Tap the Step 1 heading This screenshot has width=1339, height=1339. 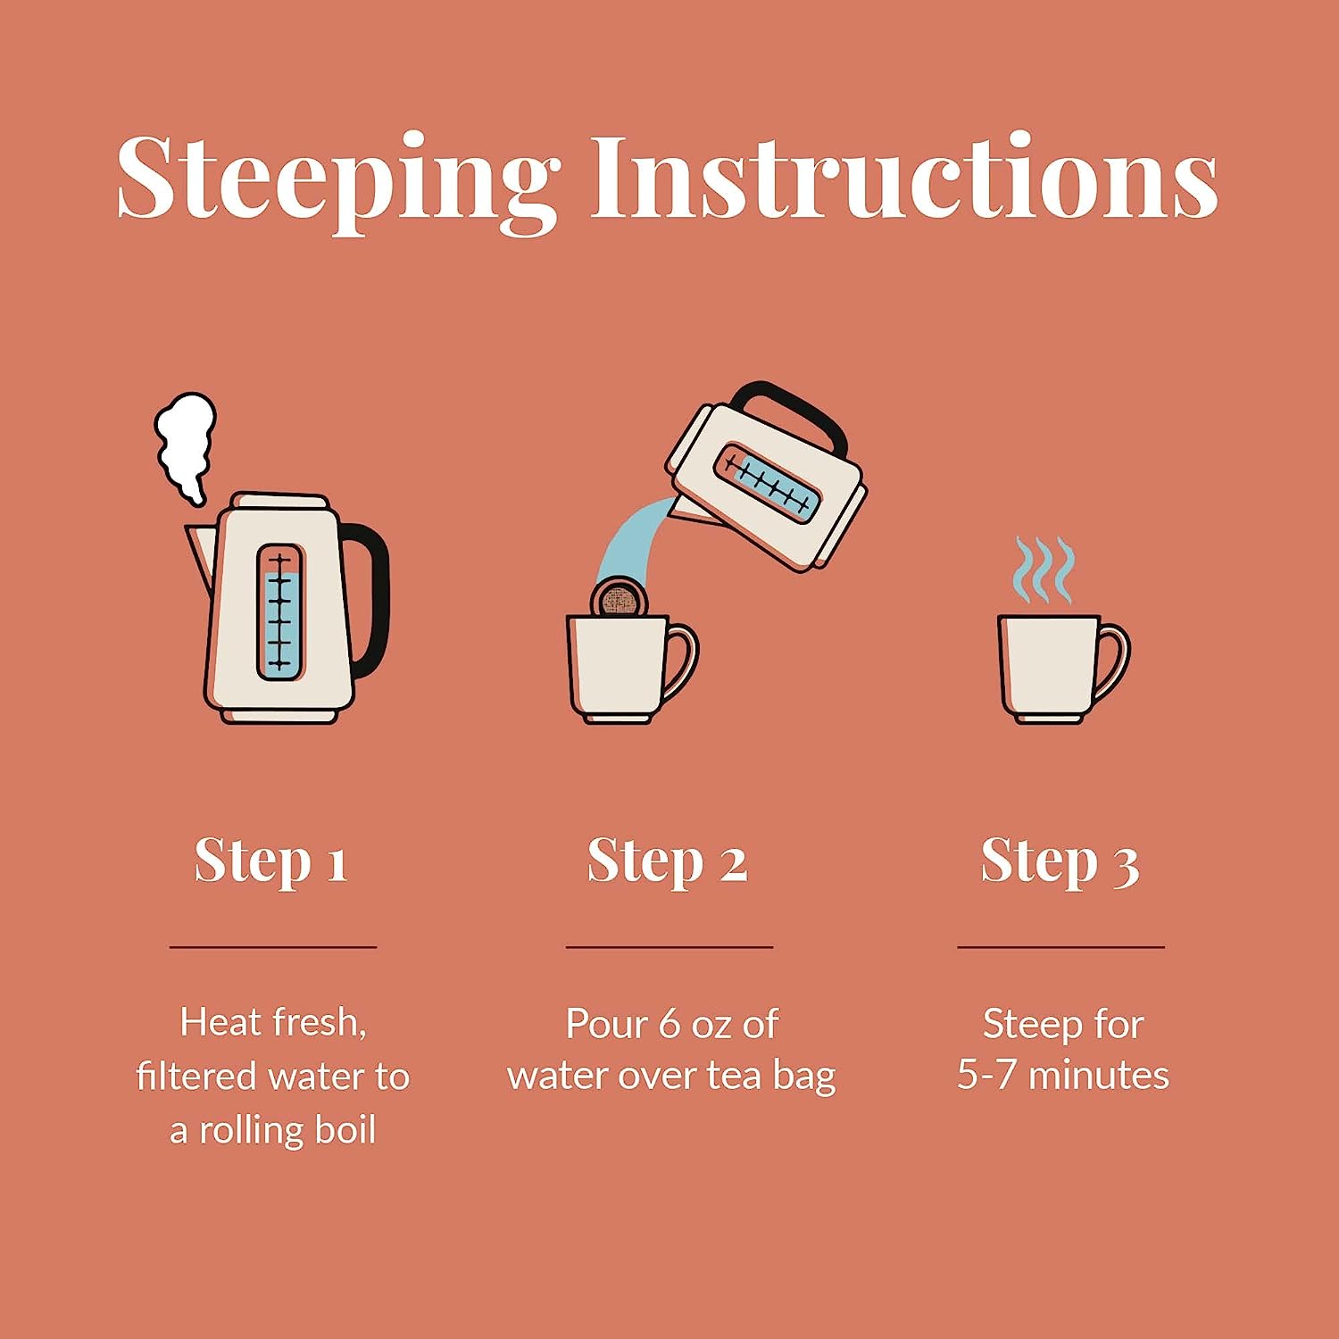(x=270, y=861)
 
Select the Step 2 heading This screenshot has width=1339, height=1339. (x=667, y=861)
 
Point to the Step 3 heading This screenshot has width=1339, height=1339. (x=1060, y=861)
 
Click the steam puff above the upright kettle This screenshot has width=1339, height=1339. (x=187, y=446)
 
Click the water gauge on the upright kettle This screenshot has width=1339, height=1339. (x=280, y=611)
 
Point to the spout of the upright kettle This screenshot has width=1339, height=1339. (x=200, y=553)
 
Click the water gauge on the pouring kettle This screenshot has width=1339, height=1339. (x=767, y=482)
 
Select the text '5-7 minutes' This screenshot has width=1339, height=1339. (x=1062, y=1075)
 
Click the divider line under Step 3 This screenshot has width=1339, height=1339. (x=1061, y=946)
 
